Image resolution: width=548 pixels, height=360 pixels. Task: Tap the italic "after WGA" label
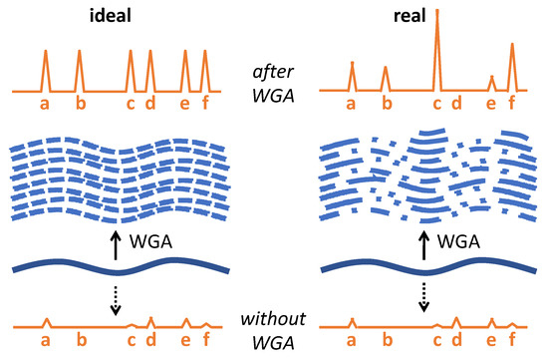pos(273,81)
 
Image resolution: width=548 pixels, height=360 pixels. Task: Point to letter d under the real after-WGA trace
pos(456,103)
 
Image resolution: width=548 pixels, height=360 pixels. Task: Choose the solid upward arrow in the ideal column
pos(116,243)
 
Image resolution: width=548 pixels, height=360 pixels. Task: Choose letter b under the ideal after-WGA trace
pos(81,103)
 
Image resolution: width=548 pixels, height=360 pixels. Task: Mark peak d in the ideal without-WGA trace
pos(150,321)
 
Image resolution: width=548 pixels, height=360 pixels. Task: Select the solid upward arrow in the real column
pos(425,243)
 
